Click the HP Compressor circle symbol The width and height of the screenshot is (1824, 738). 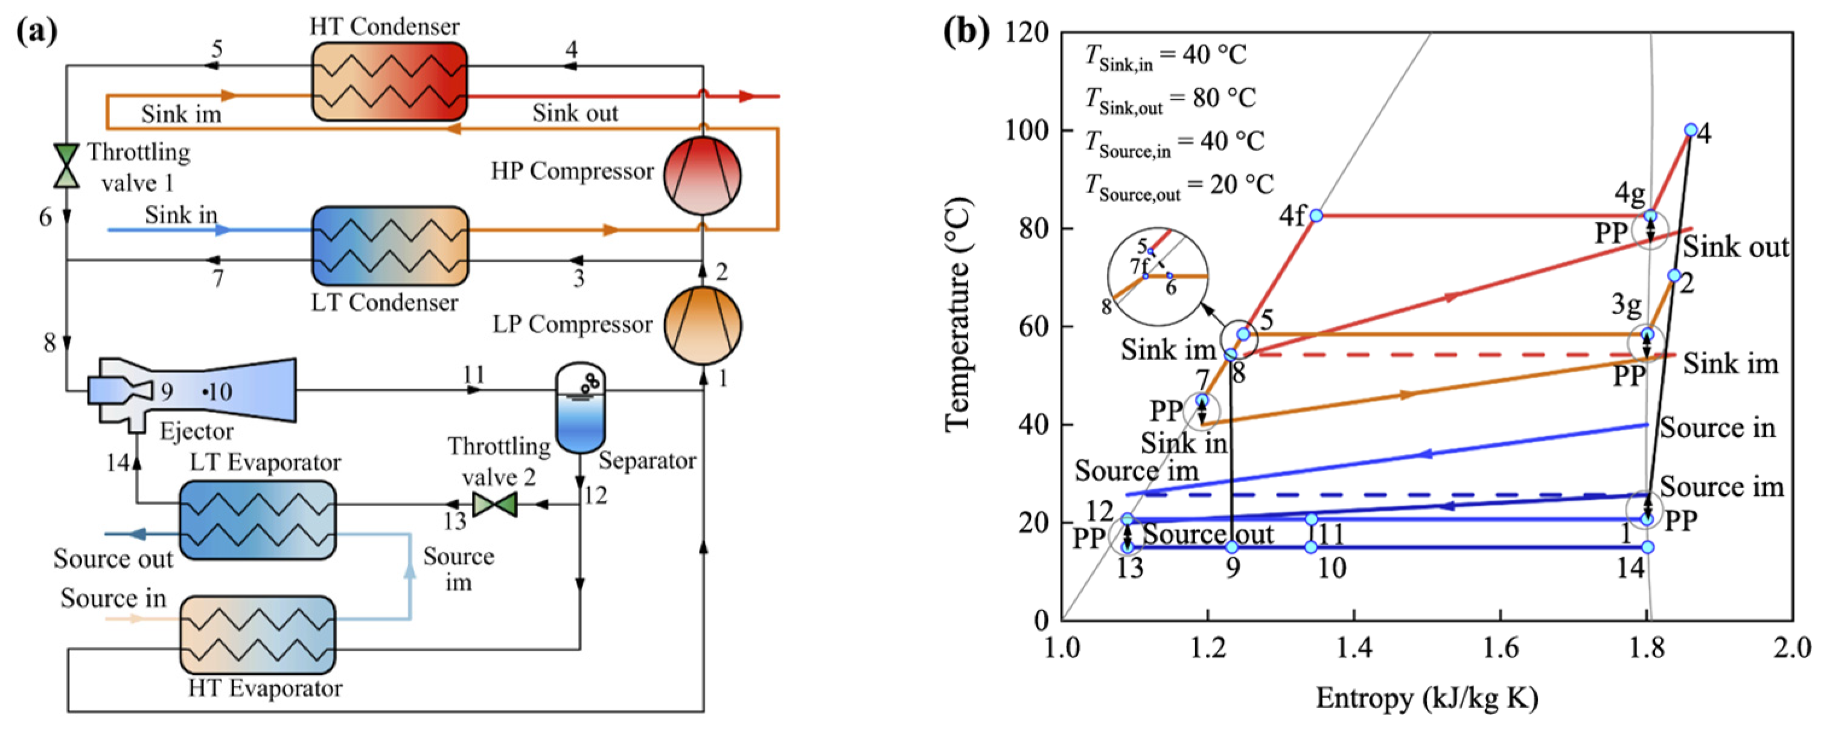pos(702,175)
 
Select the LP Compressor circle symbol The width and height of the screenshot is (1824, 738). pos(702,326)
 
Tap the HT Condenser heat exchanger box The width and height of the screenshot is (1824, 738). pos(389,81)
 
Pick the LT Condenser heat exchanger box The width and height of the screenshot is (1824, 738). pos(389,246)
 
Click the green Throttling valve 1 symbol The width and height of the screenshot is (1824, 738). pos(66,165)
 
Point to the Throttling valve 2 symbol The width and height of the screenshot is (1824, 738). pos(494,504)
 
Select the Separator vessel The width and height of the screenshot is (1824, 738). pos(581,409)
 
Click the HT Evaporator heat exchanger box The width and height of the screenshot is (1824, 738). pos(258,634)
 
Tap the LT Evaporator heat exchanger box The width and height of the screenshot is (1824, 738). pos(258,520)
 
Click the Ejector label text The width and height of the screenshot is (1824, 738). pos(196,431)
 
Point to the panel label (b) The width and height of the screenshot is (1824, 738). pos(966,31)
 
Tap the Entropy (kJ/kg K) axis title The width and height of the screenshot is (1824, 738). pos(1427,698)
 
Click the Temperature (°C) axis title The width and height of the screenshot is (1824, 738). pos(957,315)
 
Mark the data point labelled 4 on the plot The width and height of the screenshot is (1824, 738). pos(1691,130)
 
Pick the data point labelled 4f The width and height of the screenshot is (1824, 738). pos(1316,216)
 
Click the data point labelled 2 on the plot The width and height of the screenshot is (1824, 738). pos(1674,275)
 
